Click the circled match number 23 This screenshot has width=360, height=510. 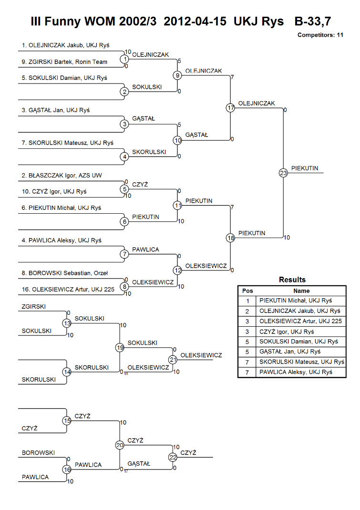283,173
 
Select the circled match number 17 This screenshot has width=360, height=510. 231,108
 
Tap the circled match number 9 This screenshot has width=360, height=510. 177,75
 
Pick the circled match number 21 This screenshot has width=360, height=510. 173,360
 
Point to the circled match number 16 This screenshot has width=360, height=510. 67,469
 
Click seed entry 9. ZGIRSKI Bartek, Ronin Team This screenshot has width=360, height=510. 64,62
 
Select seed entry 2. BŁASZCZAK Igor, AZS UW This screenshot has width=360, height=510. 62,176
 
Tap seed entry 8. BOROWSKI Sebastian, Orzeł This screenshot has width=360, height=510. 65,273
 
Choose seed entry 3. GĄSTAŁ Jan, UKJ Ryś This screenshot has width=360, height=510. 56,110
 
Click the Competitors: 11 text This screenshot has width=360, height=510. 320,35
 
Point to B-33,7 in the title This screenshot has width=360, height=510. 312,21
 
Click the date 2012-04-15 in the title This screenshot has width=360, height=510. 195,21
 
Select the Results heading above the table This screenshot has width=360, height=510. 292,280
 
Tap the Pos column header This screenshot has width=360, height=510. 247,291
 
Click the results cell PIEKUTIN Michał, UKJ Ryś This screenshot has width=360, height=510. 296,301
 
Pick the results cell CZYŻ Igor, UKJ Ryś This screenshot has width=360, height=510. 287,332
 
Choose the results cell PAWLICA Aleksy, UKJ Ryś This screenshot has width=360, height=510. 296,372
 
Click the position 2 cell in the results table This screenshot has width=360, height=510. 247,311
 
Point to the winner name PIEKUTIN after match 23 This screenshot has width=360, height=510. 305,168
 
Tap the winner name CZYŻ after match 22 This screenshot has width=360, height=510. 188,453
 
